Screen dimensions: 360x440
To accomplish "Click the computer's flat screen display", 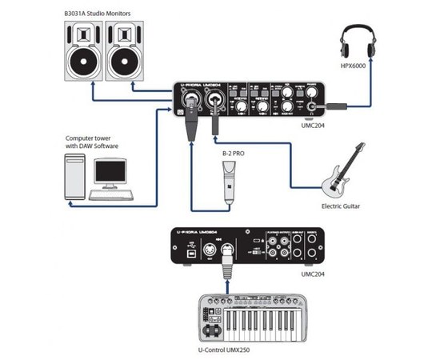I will click(x=110, y=171).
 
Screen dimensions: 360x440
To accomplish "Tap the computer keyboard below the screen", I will click(x=111, y=194).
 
